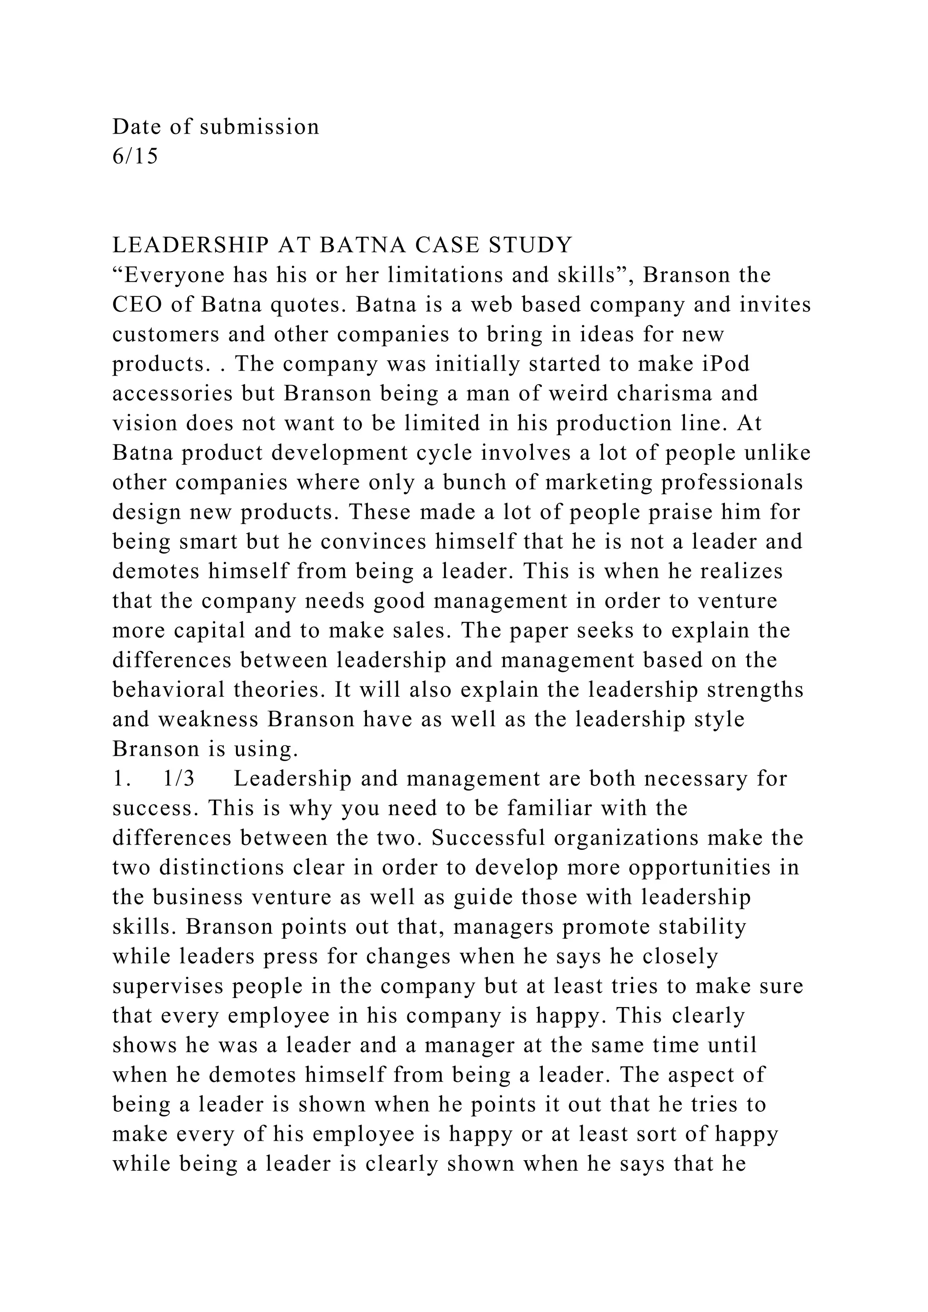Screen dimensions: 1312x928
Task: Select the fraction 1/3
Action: [179, 779]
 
